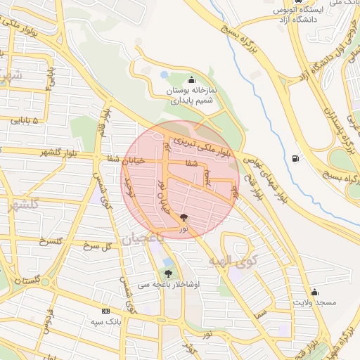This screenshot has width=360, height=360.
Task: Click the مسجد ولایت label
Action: (315, 302)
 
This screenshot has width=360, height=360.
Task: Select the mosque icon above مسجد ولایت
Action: (315, 292)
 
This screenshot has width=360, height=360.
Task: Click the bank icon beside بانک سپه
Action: (105, 311)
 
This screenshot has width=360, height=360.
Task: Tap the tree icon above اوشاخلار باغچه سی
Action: (168, 274)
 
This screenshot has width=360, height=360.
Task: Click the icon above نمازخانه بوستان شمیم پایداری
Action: (192, 79)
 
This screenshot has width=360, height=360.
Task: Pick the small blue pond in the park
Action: (164, 74)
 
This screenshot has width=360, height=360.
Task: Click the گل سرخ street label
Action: (98, 246)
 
